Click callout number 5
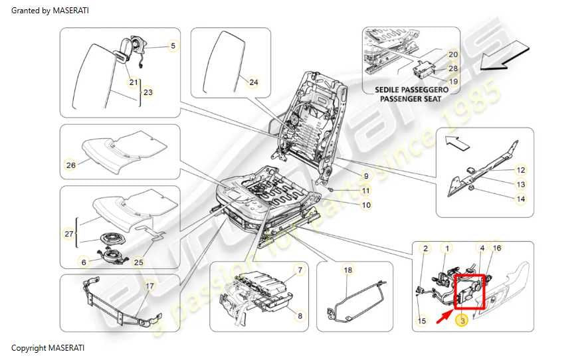click(173, 46)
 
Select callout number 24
click(253, 82)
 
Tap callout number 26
click(71, 164)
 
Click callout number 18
click(347, 270)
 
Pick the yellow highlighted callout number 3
click(460, 321)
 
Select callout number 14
click(521, 199)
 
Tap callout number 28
click(453, 68)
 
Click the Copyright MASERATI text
click(48, 348)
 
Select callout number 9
click(365, 176)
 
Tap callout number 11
click(365, 191)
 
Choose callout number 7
click(300, 270)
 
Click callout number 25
click(139, 262)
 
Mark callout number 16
click(496, 248)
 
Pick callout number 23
click(147, 93)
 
